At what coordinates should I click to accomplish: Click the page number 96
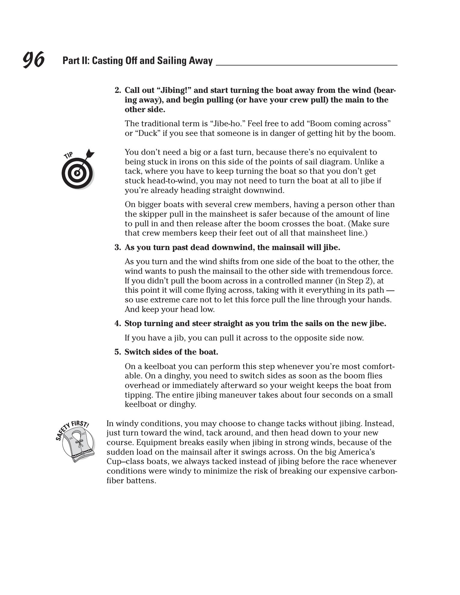point(34,59)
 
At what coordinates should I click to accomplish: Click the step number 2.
point(118,90)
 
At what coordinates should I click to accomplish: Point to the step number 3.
point(118,248)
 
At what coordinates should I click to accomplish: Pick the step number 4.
point(118,324)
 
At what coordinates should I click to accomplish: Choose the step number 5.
point(118,352)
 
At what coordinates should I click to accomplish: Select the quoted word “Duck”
point(143,133)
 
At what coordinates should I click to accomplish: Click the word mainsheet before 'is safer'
point(226,214)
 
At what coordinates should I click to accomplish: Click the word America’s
point(357,452)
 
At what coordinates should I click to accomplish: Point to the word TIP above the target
point(69,155)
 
